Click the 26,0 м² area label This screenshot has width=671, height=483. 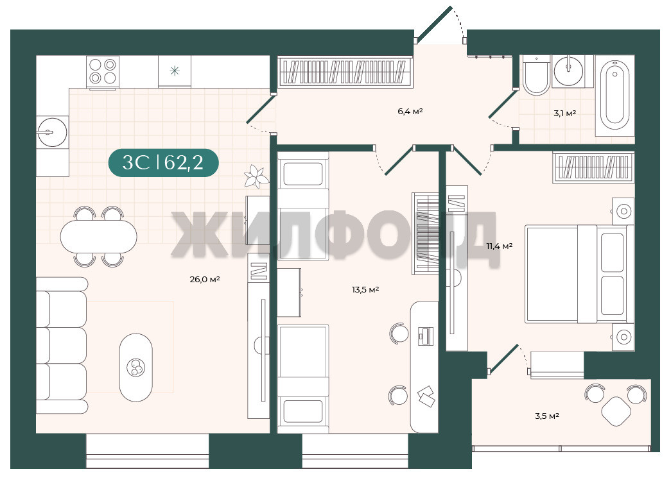coord(205,280)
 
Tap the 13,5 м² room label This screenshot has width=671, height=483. coord(365,290)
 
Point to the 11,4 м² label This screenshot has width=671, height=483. coord(499,246)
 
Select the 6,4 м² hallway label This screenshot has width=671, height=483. coord(410,112)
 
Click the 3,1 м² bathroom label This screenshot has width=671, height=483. coord(564,114)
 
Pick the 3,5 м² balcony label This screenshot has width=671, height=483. coord(547,416)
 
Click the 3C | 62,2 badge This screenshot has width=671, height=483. coord(164,162)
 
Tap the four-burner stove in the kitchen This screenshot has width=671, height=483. coord(103,72)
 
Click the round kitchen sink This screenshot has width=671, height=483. coord(52,132)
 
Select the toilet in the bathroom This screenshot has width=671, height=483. coord(536,75)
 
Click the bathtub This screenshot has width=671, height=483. coord(614,96)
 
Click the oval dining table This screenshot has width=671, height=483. coord(98,237)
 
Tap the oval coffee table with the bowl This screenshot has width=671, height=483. coord(135,367)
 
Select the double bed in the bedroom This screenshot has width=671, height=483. coord(579,274)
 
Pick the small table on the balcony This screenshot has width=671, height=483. coord(616,411)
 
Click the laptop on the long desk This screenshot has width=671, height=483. coord(425,335)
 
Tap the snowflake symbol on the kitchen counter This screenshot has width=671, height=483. coord(175,71)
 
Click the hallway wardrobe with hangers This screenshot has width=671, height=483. coord(345,71)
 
